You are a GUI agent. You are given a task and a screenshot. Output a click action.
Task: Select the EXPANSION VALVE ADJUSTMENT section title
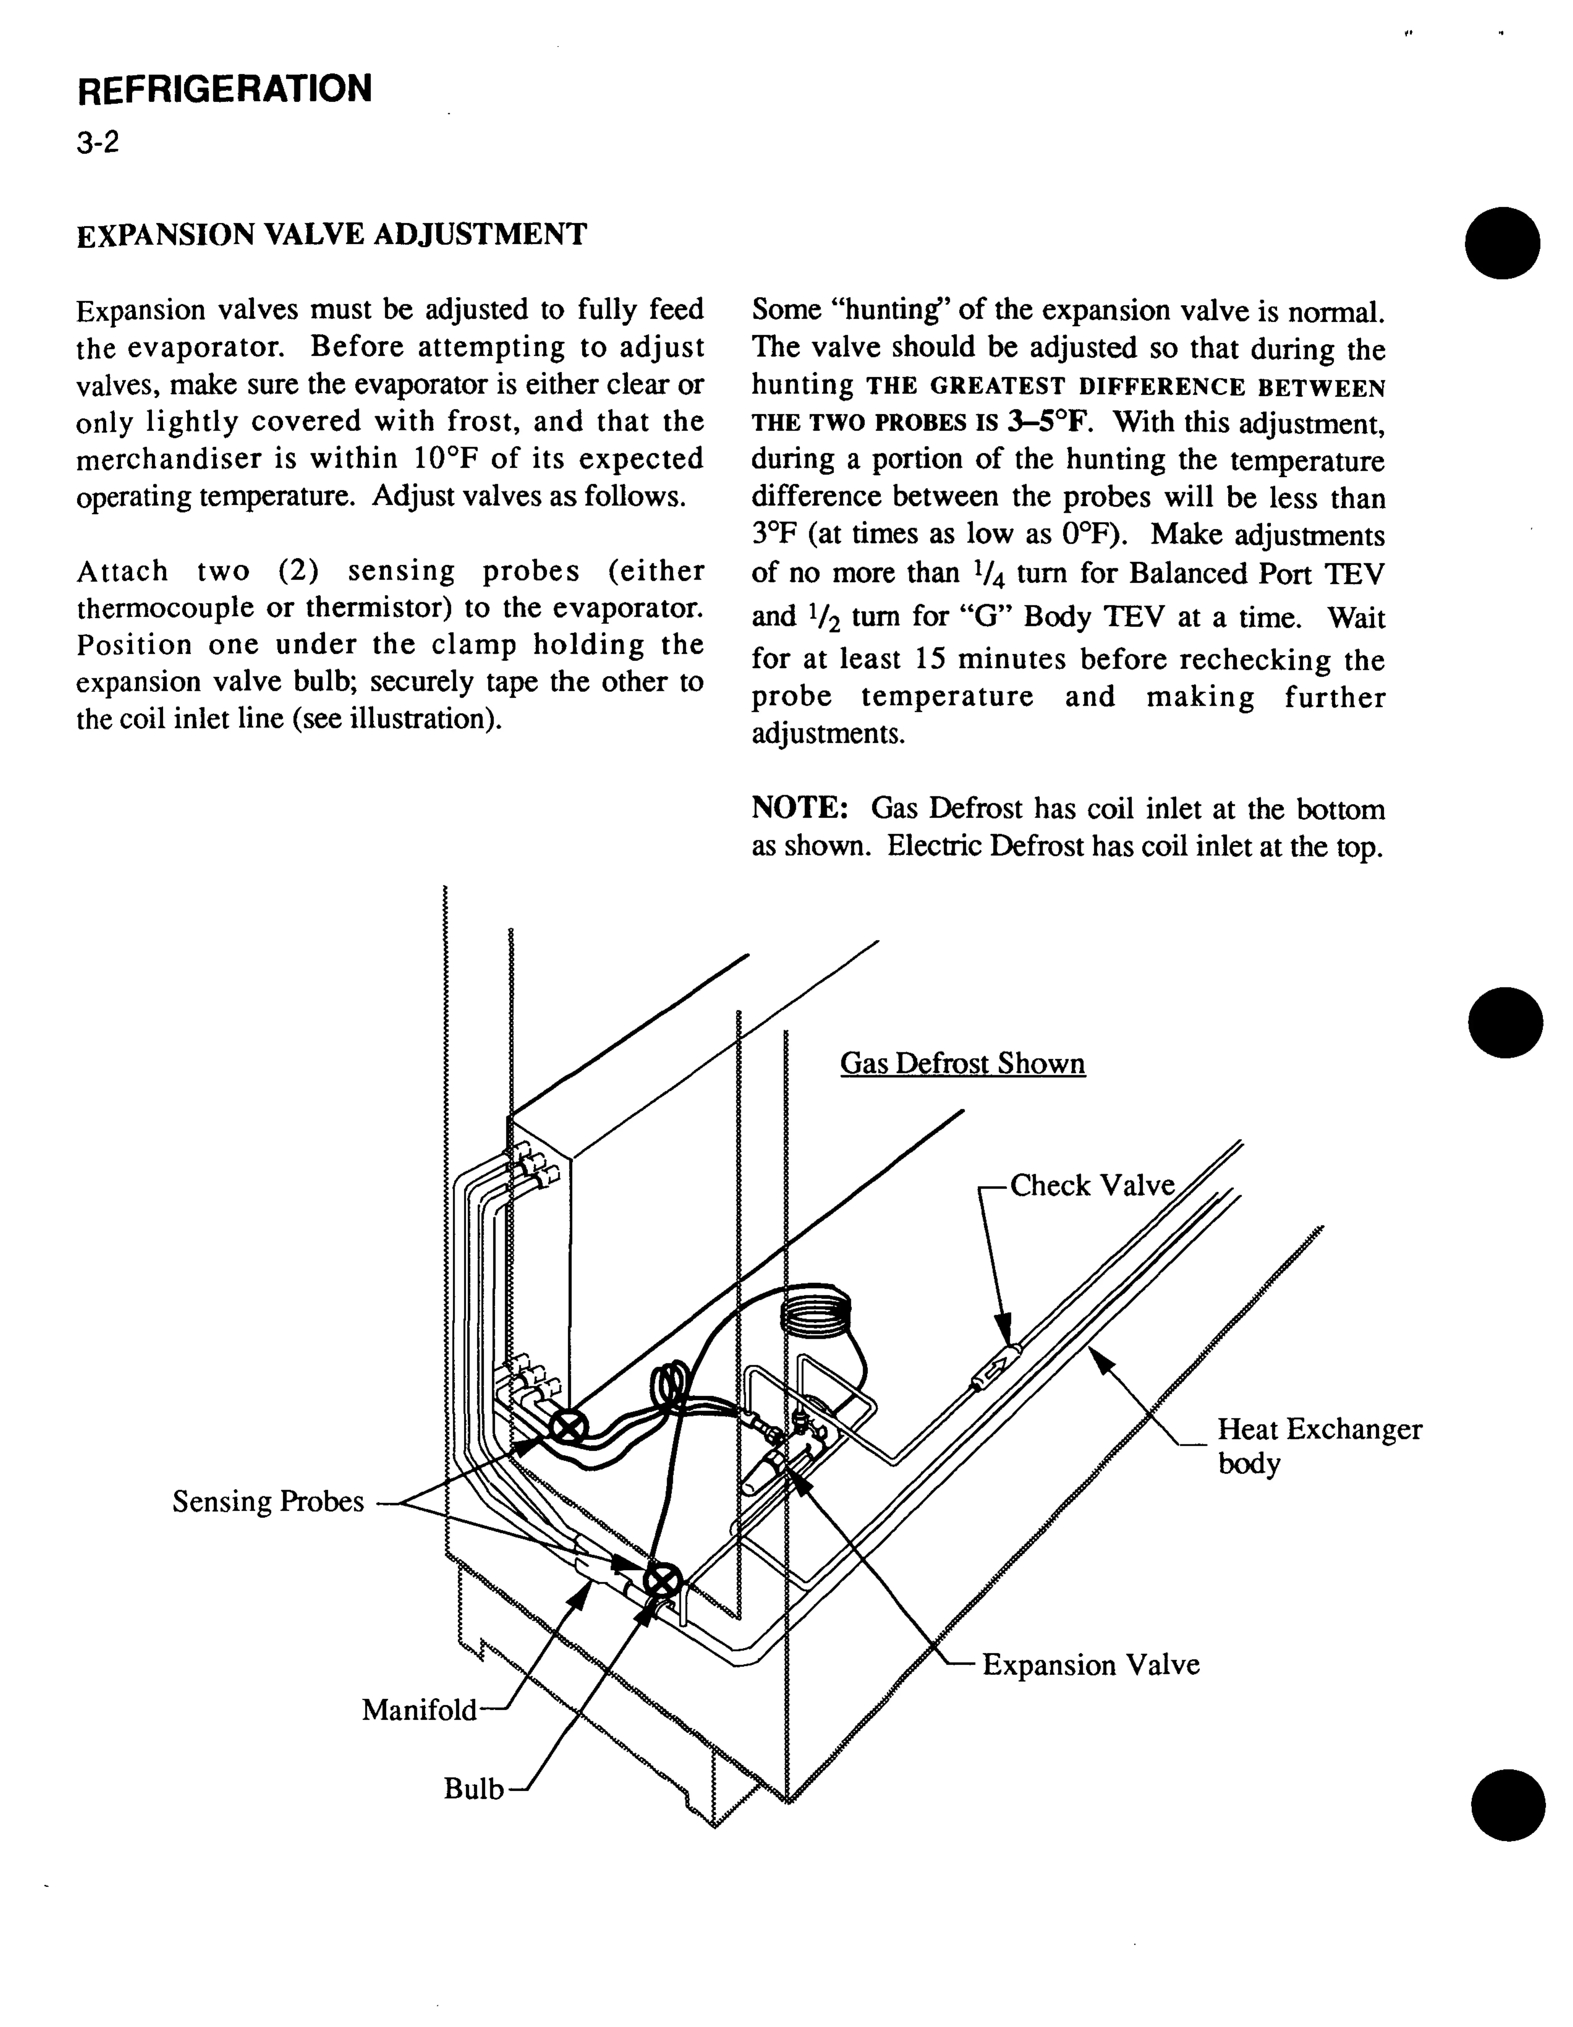[331, 234]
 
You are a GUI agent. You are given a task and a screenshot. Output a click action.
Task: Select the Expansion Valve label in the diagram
[1090, 1664]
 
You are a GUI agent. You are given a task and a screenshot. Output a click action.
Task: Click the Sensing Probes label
[268, 1501]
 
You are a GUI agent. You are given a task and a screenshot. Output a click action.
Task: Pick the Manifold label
[419, 1709]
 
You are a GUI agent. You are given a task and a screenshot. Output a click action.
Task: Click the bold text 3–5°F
[1049, 422]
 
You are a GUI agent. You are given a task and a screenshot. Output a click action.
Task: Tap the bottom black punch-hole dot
[1508, 1803]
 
